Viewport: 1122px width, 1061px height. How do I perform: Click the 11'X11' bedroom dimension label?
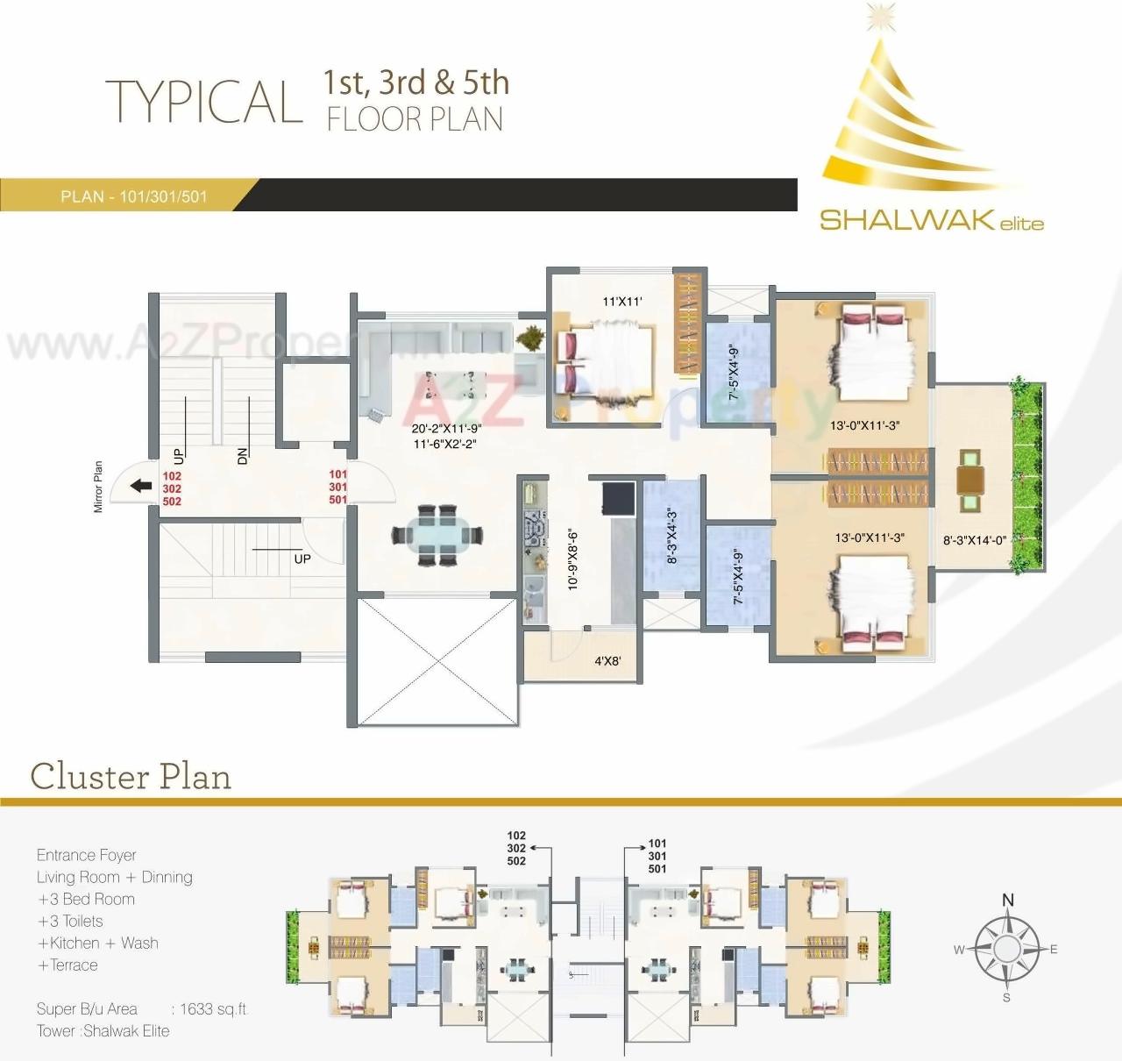622,302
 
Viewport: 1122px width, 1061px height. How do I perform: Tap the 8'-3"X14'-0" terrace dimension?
974,541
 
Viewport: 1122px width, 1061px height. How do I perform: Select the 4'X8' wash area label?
607,661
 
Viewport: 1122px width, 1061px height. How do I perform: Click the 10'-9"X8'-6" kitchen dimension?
572,558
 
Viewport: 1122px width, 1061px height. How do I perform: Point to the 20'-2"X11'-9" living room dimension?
446,430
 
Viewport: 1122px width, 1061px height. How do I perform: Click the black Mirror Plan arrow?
138,486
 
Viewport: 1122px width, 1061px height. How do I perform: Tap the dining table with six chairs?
437,534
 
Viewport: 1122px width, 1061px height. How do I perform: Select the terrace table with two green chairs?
970,480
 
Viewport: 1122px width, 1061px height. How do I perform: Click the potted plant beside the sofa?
530,337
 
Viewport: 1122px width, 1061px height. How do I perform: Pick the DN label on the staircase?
242,455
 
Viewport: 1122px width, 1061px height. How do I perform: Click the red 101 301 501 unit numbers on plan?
338,487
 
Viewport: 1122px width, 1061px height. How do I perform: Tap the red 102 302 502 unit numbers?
172,488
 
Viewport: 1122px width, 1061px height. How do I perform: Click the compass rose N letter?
1007,900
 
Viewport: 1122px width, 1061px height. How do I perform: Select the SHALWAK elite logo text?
931,220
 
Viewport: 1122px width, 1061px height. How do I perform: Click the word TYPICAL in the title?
204,102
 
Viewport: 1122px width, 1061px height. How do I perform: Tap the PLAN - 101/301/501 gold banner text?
134,196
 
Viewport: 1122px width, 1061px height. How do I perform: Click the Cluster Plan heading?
131,776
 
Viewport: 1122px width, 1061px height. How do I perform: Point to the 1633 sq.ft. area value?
214,1009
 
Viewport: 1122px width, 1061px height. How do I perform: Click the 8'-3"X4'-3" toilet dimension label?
672,536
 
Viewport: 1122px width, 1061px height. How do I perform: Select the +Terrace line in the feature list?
67,965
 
